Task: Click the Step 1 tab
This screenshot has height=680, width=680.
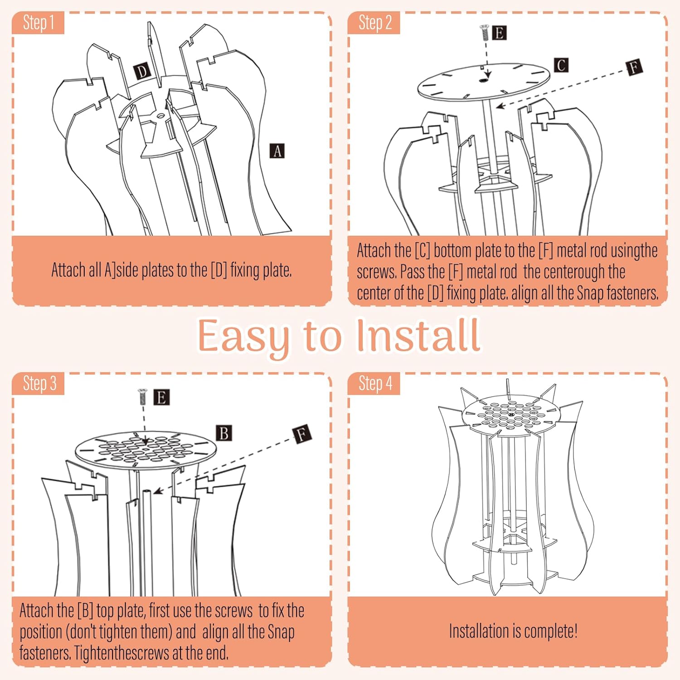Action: tap(39, 23)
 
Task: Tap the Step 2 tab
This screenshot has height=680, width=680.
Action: tap(374, 23)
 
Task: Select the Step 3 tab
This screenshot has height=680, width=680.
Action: tap(39, 384)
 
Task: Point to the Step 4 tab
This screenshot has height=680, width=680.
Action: tap(375, 384)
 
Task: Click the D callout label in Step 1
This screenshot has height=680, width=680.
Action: tap(142, 72)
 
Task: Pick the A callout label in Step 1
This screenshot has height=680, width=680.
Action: tap(277, 151)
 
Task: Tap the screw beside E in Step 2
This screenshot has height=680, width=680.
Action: tap(484, 32)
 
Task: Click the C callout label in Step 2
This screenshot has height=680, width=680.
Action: tap(561, 65)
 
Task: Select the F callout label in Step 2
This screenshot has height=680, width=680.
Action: tap(634, 68)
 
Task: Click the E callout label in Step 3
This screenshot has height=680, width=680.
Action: tap(161, 398)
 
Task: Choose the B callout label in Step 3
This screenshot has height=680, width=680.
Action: tap(223, 433)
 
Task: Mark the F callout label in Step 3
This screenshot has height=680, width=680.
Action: tap(301, 434)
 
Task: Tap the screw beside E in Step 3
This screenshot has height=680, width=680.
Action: tap(143, 397)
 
